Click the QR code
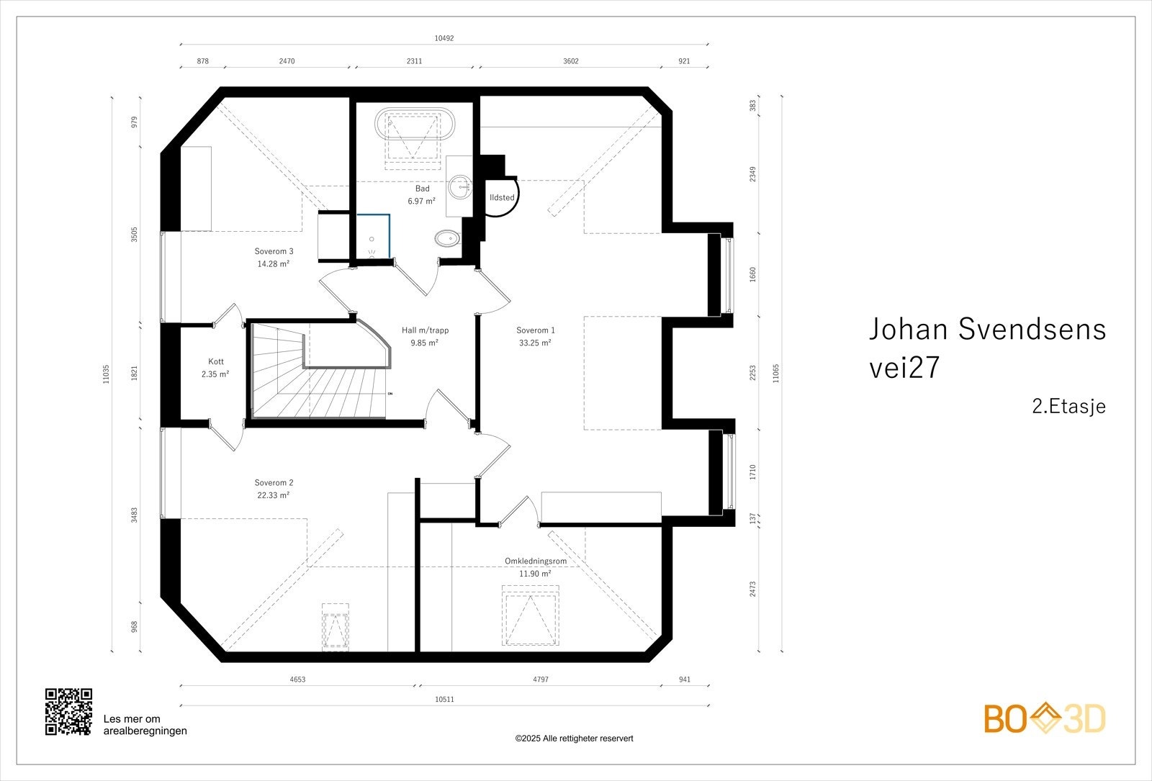click(68, 712)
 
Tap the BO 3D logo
click(1045, 718)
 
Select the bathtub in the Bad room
click(415, 124)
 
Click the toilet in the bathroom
click(447, 238)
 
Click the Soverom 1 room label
click(536, 330)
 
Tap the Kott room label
click(216, 362)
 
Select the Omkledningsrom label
click(536, 561)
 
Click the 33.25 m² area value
click(535, 343)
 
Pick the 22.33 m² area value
click(273, 495)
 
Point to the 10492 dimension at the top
click(444, 38)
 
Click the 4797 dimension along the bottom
click(541, 680)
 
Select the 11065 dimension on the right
click(775, 374)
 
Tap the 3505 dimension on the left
click(134, 235)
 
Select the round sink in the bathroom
click(459, 186)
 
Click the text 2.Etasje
click(1068, 407)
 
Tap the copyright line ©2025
click(574, 739)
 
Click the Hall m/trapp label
click(425, 330)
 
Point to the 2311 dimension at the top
click(414, 61)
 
